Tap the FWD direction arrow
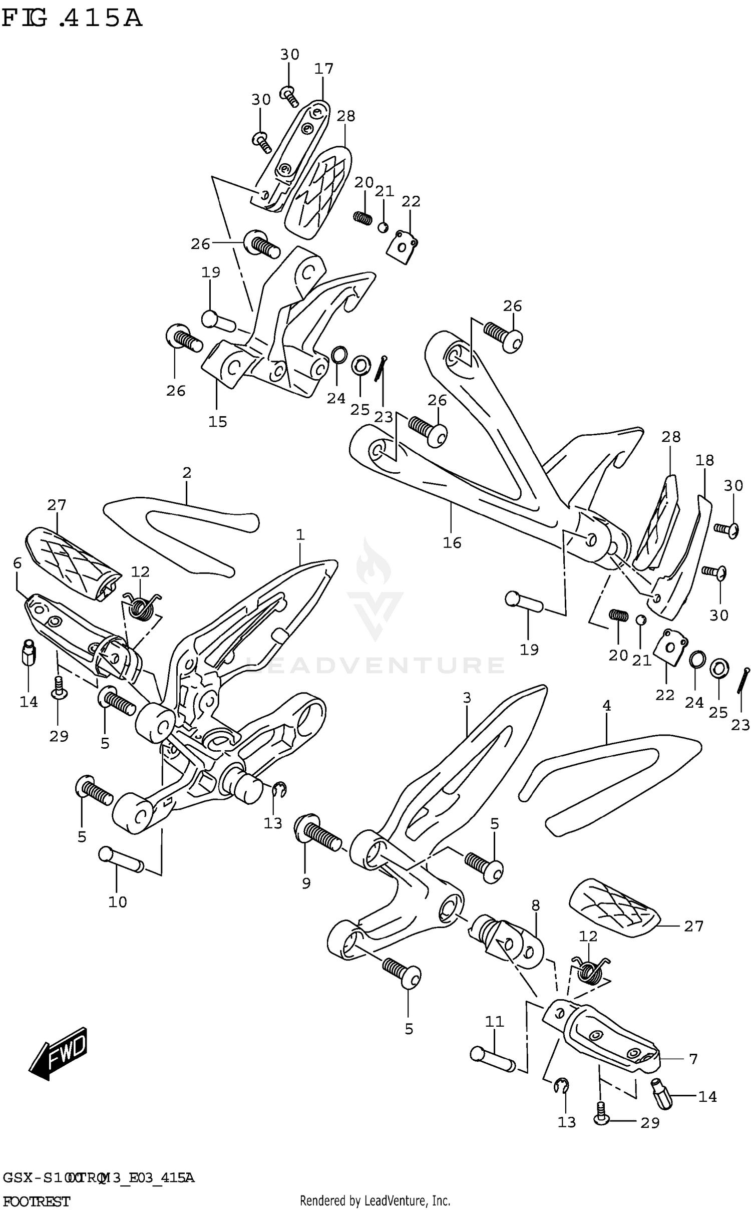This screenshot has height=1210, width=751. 59,1052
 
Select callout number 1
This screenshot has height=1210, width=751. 300,535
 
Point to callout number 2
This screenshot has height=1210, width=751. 187,472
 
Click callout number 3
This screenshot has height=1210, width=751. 467,698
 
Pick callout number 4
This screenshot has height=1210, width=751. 606,706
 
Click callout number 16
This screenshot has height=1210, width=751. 452,542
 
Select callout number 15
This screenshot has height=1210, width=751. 218,421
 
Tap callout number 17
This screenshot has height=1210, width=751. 323,69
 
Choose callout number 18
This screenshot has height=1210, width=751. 704,460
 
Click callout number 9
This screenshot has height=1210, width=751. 306,883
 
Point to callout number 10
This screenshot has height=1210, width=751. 118,902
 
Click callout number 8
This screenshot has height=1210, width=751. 535,905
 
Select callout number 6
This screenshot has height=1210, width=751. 18,563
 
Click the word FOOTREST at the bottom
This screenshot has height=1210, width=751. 36,1200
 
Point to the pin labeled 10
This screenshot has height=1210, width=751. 122,860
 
